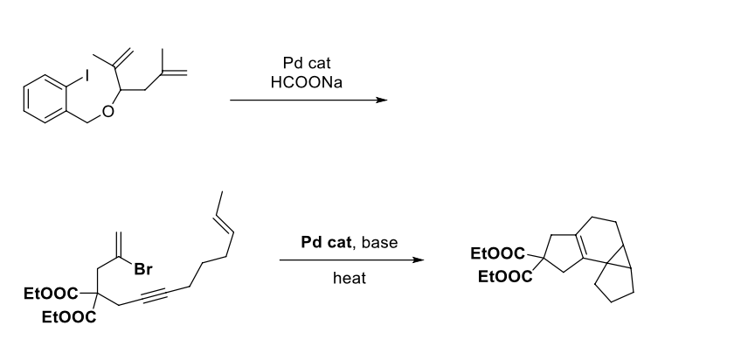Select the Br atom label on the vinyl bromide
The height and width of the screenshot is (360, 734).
coord(140,269)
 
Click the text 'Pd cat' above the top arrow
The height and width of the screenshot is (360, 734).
coord(307,64)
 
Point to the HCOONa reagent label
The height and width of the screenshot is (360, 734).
coord(307,80)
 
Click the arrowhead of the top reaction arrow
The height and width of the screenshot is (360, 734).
coord(381,100)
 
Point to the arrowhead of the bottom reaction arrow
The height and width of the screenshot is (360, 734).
coord(422,260)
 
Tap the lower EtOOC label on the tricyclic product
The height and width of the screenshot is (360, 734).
coord(503,277)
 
